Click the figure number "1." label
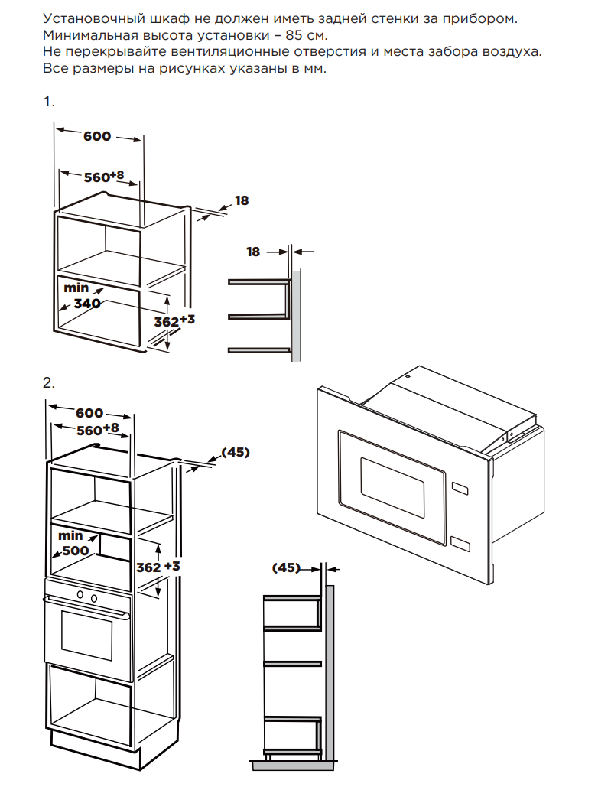(49, 102)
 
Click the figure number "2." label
(49, 383)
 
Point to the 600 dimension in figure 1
(97, 136)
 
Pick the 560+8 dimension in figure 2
(98, 430)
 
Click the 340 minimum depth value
(87, 304)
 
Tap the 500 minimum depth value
(76, 550)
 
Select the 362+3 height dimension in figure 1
(174, 320)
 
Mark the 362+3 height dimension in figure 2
(158, 567)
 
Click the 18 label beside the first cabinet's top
(242, 200)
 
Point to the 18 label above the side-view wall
(253, 252)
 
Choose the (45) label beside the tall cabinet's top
(236, 452)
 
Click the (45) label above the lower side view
(286, 567)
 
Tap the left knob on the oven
(80, 594)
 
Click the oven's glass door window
(86, 635)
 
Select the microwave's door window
(392, 487)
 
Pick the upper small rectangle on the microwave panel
(460, 488)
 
